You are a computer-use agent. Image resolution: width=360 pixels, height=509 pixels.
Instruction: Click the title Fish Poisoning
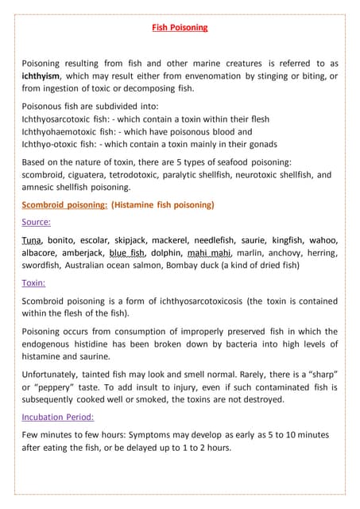180,28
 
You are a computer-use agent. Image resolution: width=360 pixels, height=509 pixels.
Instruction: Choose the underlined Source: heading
36,222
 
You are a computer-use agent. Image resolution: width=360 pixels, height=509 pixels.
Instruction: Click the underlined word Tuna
33,240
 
